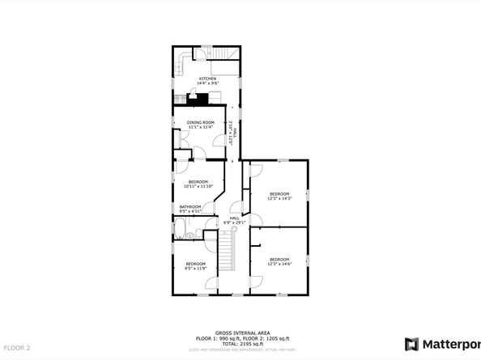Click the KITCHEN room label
click(208, 78)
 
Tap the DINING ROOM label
click(199, 122)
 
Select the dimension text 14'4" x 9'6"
click(208, 83)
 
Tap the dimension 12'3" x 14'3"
click(279, 199)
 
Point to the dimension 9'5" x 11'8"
click(195, 269)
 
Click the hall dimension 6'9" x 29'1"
click(235, 222)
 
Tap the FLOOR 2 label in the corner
click(15, 348)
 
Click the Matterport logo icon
click(412, 343)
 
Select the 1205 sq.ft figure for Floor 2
click(279, 337)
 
